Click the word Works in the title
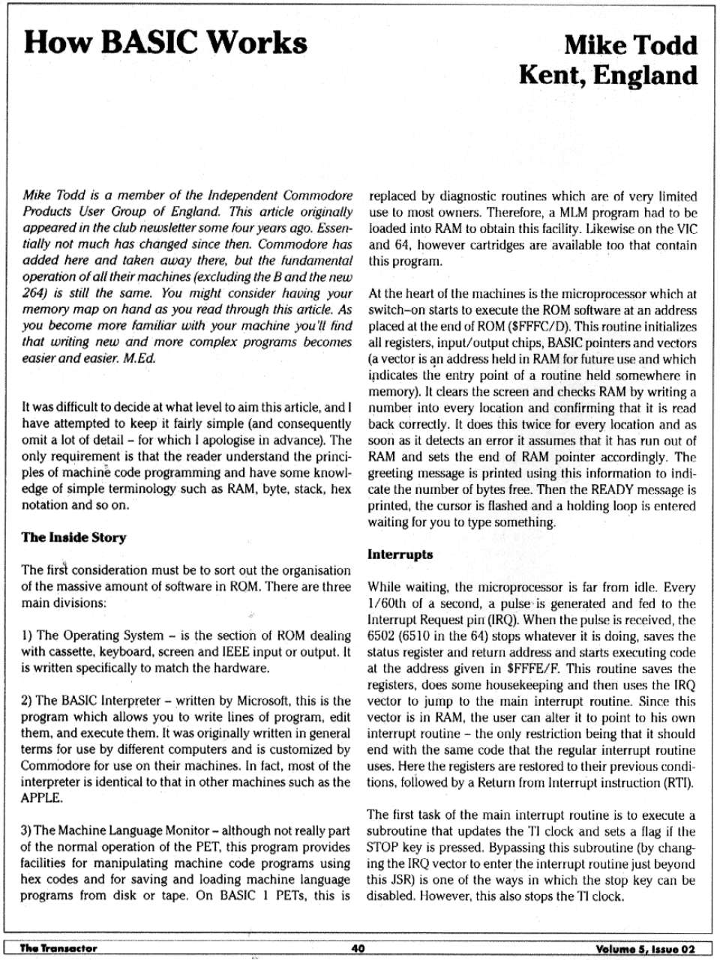click(257, 42)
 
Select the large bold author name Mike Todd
click(630, 45)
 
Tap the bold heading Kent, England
click(607, 75)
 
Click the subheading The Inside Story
click(73, 537)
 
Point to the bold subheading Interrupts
click(400, 555)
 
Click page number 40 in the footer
click(358, 948)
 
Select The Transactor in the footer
click(58, 948)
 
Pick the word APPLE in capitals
click(40, 797)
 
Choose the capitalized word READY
click(612, 490)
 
